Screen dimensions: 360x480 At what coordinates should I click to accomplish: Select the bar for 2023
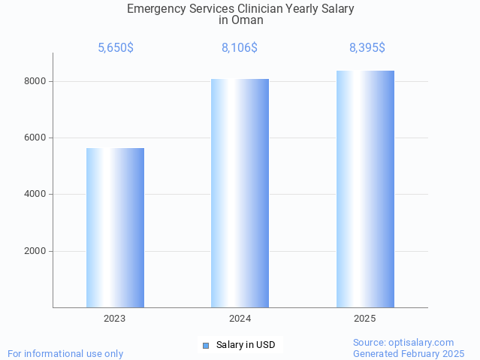[x=115, y=227]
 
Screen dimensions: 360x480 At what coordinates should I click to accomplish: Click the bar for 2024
[x=240, y=192]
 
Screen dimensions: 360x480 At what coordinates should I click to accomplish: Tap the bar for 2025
[x=365, y=189]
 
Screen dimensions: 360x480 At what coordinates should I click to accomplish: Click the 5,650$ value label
[x=116, y=48]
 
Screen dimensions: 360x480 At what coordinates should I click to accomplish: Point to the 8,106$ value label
[x=240, y=48]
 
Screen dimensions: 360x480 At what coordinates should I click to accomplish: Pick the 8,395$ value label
[x=367, y=48]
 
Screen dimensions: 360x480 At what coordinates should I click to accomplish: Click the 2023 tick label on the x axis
[x=115, y=319]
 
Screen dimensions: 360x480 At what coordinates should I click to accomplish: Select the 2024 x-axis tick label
[x=240, y=319]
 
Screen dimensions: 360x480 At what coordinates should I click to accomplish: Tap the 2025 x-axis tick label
[x=365, y=319]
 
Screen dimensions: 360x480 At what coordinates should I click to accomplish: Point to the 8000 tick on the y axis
[x=36, y=81]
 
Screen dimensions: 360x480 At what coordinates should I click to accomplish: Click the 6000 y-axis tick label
[x=36, y=138]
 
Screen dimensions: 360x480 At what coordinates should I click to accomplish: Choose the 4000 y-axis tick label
[x=36, y=195]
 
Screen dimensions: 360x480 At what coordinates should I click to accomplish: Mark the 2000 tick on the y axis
[x=36, y=251]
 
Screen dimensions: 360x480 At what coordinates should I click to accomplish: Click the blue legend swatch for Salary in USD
[x=206, y=345]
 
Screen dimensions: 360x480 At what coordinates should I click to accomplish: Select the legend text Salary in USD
[x=246, y=345]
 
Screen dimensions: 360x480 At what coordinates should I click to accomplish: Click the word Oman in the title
[x=247, y=20]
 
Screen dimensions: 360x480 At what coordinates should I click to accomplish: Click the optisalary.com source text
[x=403, y=342]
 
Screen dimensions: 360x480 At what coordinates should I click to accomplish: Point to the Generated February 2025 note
[x=409, y=353]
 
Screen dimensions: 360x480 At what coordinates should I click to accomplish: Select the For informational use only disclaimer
[x=65, y=353]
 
